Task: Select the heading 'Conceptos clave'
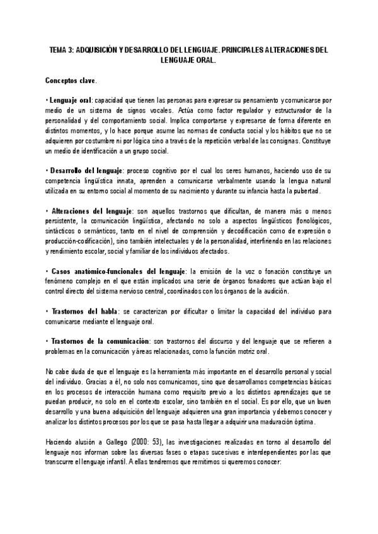click(x=71, y=81)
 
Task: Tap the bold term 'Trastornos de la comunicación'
click(x=100, y=340)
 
